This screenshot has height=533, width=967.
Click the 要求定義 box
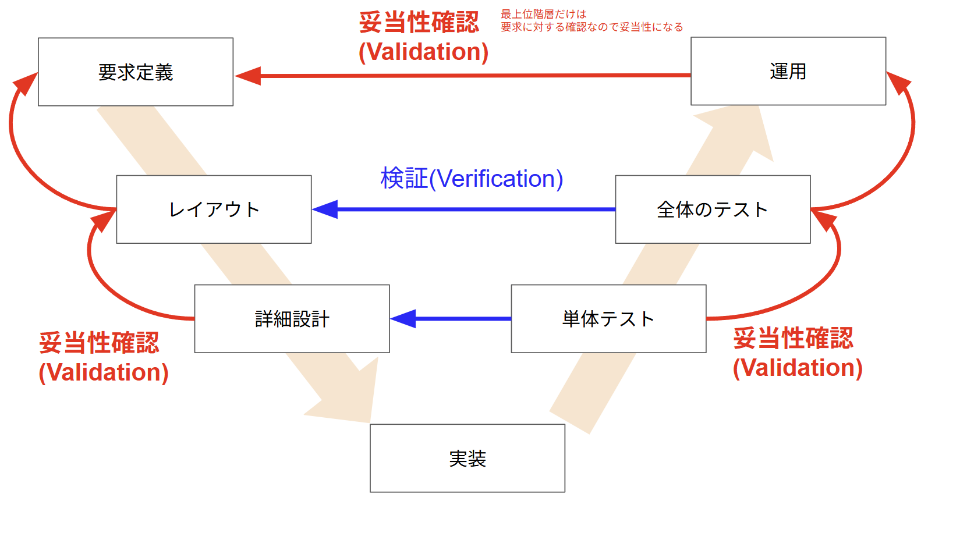pyautogui.click(x=136, y=72)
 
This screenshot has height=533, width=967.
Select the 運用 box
pyautogui.click(x=788, y=72)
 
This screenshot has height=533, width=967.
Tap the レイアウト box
pyautogui.click(x=214, y=209)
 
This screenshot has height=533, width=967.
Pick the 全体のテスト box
pyautogui.click(x=713, y=209)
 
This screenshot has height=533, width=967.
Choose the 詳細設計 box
pyautogui.click(x=292, y=319)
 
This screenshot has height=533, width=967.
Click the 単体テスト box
pyautogui.click(x=608, y=319)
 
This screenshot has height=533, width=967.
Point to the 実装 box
pyautogui.click(x=467, y=459)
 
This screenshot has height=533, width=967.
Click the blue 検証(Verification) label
pyautogui.click(x=472, y=179)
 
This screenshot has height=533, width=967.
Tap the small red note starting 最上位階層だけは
pyautogui.click(x=591, y=20)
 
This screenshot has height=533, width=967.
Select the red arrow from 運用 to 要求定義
pyautogui.click(x=466, y=76)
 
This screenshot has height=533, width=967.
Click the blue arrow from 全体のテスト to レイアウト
pyautogui.click(x=466, y=209)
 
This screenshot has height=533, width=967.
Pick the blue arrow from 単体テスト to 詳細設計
pyautogui.click(x=454, y=319)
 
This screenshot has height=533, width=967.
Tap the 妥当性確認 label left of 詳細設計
pyautogui.click(x=99, y=343)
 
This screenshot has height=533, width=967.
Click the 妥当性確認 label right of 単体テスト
pyautogui.click(x=793, y=338)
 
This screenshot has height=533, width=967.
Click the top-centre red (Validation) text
pyautogui.click(x=424, y=52)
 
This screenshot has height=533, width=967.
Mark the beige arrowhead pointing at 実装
pyautogui.click(x=349, y=396)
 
